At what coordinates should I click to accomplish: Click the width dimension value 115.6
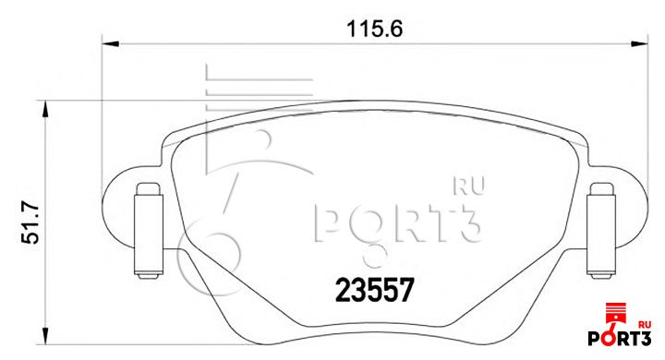pos(374,29)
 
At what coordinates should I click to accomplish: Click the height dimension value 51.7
pos(30,223)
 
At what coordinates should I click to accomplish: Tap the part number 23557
pos(374,291)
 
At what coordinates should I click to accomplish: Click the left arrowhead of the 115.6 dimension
pos(110,43)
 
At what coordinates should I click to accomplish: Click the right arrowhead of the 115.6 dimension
pos(639,43)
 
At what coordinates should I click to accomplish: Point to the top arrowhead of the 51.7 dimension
pos(44,110)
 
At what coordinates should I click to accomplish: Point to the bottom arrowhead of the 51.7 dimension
pos(44,336)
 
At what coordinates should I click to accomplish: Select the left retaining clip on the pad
pos(149,231)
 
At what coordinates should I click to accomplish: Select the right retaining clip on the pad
pos(601,231)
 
